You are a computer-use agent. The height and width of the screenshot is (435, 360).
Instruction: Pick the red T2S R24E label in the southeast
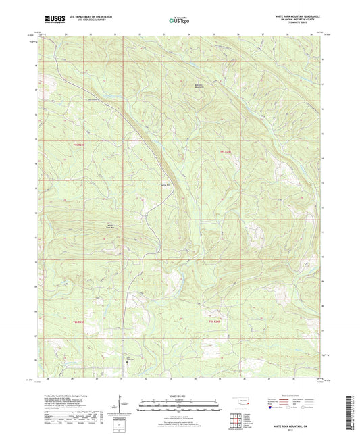(214, 321)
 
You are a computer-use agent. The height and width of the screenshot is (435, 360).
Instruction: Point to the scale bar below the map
(180, 406)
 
